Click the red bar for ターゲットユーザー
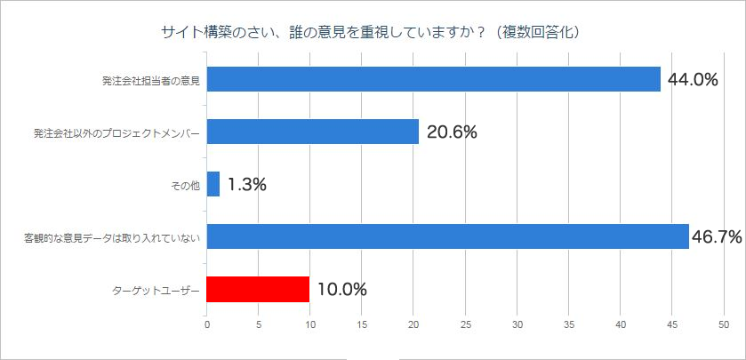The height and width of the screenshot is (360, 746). pyautogui.click(x=258, y=289)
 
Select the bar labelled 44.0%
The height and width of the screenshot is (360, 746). pyautogui.click(x=433, y=79)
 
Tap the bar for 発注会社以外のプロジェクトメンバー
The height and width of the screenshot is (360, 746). pyautogui.click(x=313, y=132)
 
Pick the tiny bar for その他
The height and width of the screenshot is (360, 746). pyautogui.click(x=213, y=184)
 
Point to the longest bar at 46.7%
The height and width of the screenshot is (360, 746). pyautogui.click(x=448, y=236)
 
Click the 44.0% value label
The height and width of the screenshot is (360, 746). pyautogui.click(x=693, y=80)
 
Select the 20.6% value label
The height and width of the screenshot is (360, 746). pyautogui.click(x=452, y=132)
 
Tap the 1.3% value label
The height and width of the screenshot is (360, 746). pyautogui.click(x=246, y=185)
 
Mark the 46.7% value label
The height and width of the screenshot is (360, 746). pyautogui.click(x=717, y=236)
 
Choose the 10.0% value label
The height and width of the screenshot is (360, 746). pyautogui.click(x=341, y=289)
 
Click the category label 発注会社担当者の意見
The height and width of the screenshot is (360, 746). pyautogui.click(x=150, y=80)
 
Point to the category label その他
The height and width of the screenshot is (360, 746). pyautogui.click(x=185, y=185)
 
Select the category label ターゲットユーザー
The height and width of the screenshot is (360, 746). pyautogui.click(x=155, y=290)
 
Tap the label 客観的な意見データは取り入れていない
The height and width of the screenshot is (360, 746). pyautogui.click(x=112, y=237)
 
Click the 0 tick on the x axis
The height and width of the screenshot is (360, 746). pyautogui.click(x=207, y=324)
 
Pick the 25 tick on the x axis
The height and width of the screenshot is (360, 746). pyautogui.click(x=465, y=324)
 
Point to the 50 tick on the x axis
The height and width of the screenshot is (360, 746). pyautogui.click(x=724, y=324)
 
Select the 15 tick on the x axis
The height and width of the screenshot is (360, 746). pyautogui.click(x=362, y=324)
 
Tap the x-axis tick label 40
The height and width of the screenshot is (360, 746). pyautogui.click(x=621, y=324)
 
